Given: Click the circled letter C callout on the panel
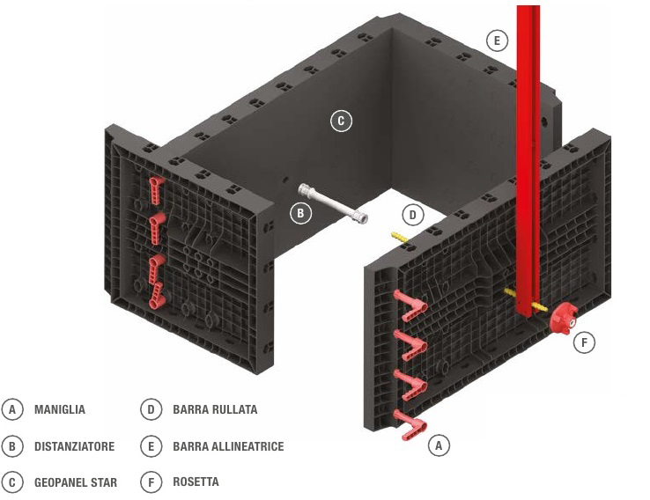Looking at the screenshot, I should click(x=341, y=121).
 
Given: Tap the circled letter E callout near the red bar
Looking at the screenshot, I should click(x=497, y=40).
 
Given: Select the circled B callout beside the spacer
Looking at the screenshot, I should click(x=300, y=212).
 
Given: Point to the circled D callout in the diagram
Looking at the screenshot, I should click(x=412, y=214).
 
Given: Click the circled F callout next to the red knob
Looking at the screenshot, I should click(x=584, y=342).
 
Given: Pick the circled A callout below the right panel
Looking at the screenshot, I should click(x=439, y=446).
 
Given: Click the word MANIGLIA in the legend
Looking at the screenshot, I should click(x=60, y=410).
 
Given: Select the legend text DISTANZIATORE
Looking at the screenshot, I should click(x=74, y=446).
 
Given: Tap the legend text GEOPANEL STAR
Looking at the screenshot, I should click(x=75, y=482).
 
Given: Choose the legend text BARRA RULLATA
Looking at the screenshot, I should click(x=215, y=410).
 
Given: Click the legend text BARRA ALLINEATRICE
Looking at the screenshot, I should click(x=228, y=446).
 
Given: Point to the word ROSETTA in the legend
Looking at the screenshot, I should click(x=196, y=482).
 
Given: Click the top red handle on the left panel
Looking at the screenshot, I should click(x=157, y=187).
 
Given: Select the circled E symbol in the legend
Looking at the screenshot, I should click(x=151, y=446).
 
